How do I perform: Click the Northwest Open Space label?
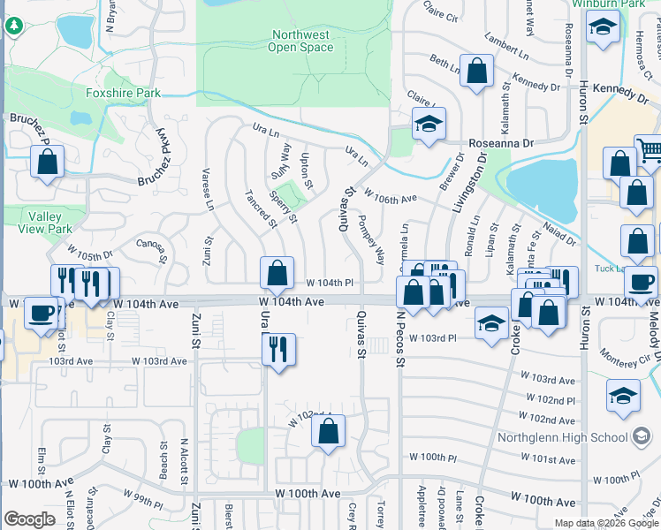[x=300, y=41]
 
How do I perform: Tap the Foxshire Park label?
[x=123, y=92]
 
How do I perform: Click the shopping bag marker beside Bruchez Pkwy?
[x=47, y=162]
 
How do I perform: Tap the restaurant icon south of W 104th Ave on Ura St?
[x=278, y=349]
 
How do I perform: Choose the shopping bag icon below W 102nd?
[x=328, y=432]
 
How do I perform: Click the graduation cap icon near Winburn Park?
[x=603, y=30]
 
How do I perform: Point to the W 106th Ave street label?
[x=389, y=200]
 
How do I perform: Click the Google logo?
[x=29, y=519]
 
